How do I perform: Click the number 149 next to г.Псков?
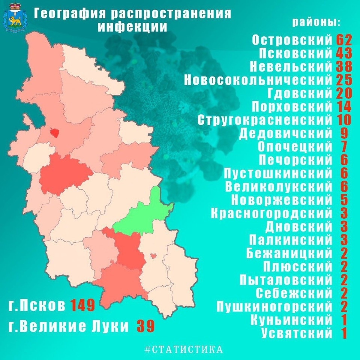click(x=82, y=306)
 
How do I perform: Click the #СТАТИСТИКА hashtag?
click(x=183, y=349)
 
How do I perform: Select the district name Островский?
click(x=292, y=39)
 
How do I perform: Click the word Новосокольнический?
click(x=258, y=80)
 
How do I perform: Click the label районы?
click(x=316, y=22)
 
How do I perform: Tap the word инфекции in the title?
click(x=132, y=27)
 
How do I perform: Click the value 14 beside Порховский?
click(x=344, y=107)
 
